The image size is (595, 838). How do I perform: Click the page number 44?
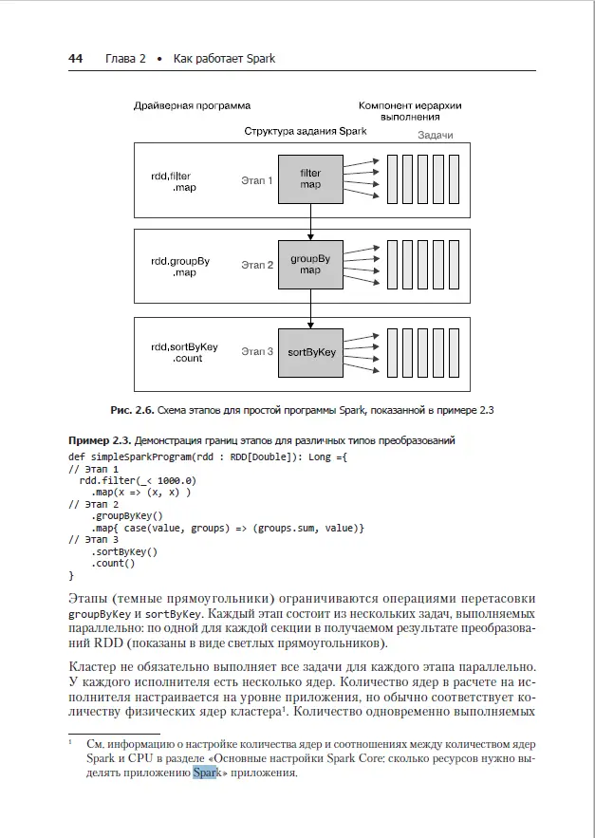[76, 59]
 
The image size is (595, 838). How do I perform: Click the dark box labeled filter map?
[310, 179]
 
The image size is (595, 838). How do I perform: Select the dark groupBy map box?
[310, 264]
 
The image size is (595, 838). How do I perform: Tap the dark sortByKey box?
[310, 352]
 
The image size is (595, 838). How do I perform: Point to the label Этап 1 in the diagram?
[256, 180]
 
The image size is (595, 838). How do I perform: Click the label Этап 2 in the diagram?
[256, 265]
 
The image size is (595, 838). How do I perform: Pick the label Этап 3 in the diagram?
[256, 352]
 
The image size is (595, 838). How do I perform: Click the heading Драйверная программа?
[198, 106]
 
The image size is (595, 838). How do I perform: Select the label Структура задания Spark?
[306, 131]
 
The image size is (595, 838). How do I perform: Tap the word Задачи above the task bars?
[436, 136]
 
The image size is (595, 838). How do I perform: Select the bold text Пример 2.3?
[100, 440]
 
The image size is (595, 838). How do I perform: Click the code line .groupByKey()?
[127, 515]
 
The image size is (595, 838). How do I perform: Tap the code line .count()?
[113, 563]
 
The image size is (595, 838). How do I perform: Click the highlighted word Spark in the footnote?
[206, 773]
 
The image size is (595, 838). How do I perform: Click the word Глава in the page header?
[119, 59]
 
